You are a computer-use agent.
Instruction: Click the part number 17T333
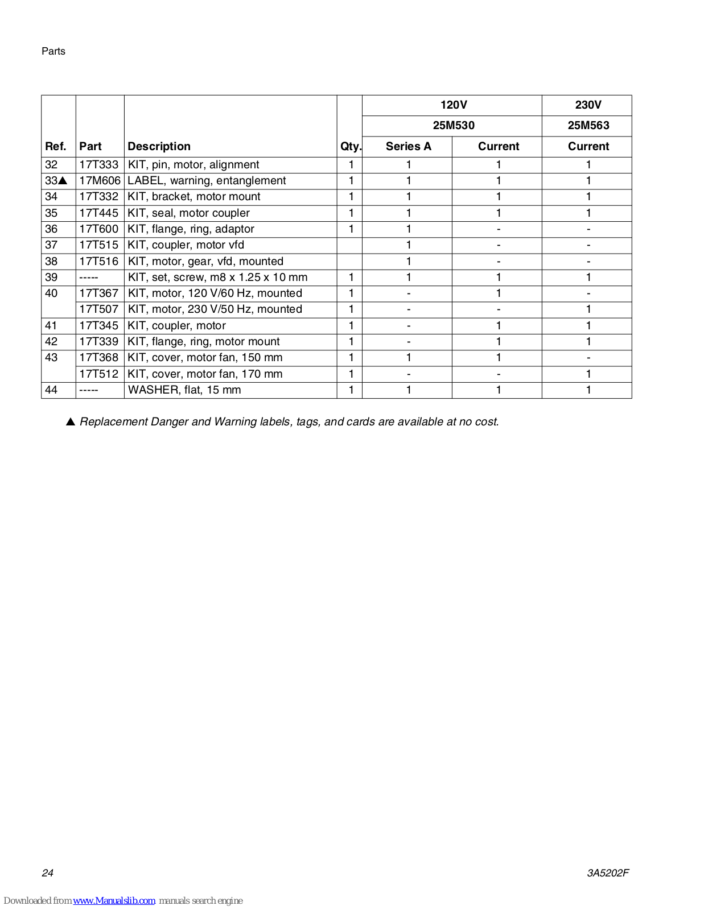click(x=99, y=165)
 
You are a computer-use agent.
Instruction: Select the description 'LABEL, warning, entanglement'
click(x=207, y=181)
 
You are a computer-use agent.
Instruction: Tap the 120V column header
click(x=453, y=105)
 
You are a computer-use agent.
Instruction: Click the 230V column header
click(x=588, y=105)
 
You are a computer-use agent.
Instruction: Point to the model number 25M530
click(x=453, y=126)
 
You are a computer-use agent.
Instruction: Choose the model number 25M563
click(x=588, y=126)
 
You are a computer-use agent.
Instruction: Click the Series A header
click(x=408, y=147)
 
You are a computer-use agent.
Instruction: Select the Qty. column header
click(x=351, y=147)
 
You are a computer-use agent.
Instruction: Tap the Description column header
click(x=159, y=147)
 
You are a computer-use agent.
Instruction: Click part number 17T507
click(x=99, y=309)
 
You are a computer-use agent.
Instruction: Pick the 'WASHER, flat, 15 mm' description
click(x=184, y=390)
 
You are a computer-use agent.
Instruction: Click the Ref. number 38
click(x=51, y=262)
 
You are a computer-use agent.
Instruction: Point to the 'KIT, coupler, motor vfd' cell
click(x=186, y=245)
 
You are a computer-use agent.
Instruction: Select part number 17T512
click(x=99, y=374)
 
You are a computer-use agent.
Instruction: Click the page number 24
click(x=48, y=873)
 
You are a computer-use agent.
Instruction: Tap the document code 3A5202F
click(x=608, y=873)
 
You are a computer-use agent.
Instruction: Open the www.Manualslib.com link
click(x=114, y=901)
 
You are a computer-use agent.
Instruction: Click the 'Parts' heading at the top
click(x=53, y=51)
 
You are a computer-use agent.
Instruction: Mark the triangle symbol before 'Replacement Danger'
click(x=71, y=422)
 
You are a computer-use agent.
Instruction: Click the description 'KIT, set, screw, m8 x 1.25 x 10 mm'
click(x=217, y=278)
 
